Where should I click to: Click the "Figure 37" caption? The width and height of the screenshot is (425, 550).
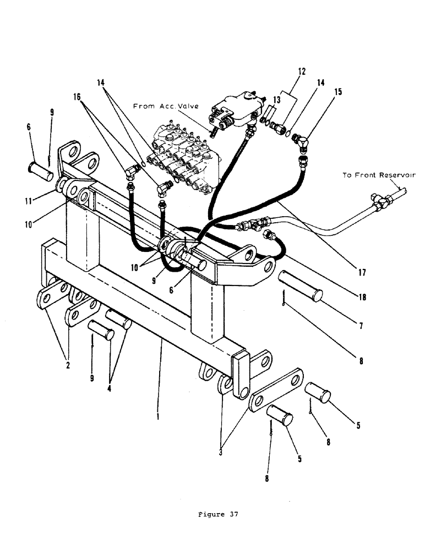pyautogui.click(x=218, y=515)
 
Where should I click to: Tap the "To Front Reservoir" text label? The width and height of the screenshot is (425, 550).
pyautogui.click(x=379, y=175)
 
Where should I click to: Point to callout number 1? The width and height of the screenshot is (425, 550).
pyautogui.click(x=158, y=416)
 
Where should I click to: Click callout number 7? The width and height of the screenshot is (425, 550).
pyautogui.click(x=361, y=326)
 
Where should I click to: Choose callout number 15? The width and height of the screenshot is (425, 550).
pyautogui.click(x=338, y=91)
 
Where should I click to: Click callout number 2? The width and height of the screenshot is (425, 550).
pyautogui.click(x=68, y=364)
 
